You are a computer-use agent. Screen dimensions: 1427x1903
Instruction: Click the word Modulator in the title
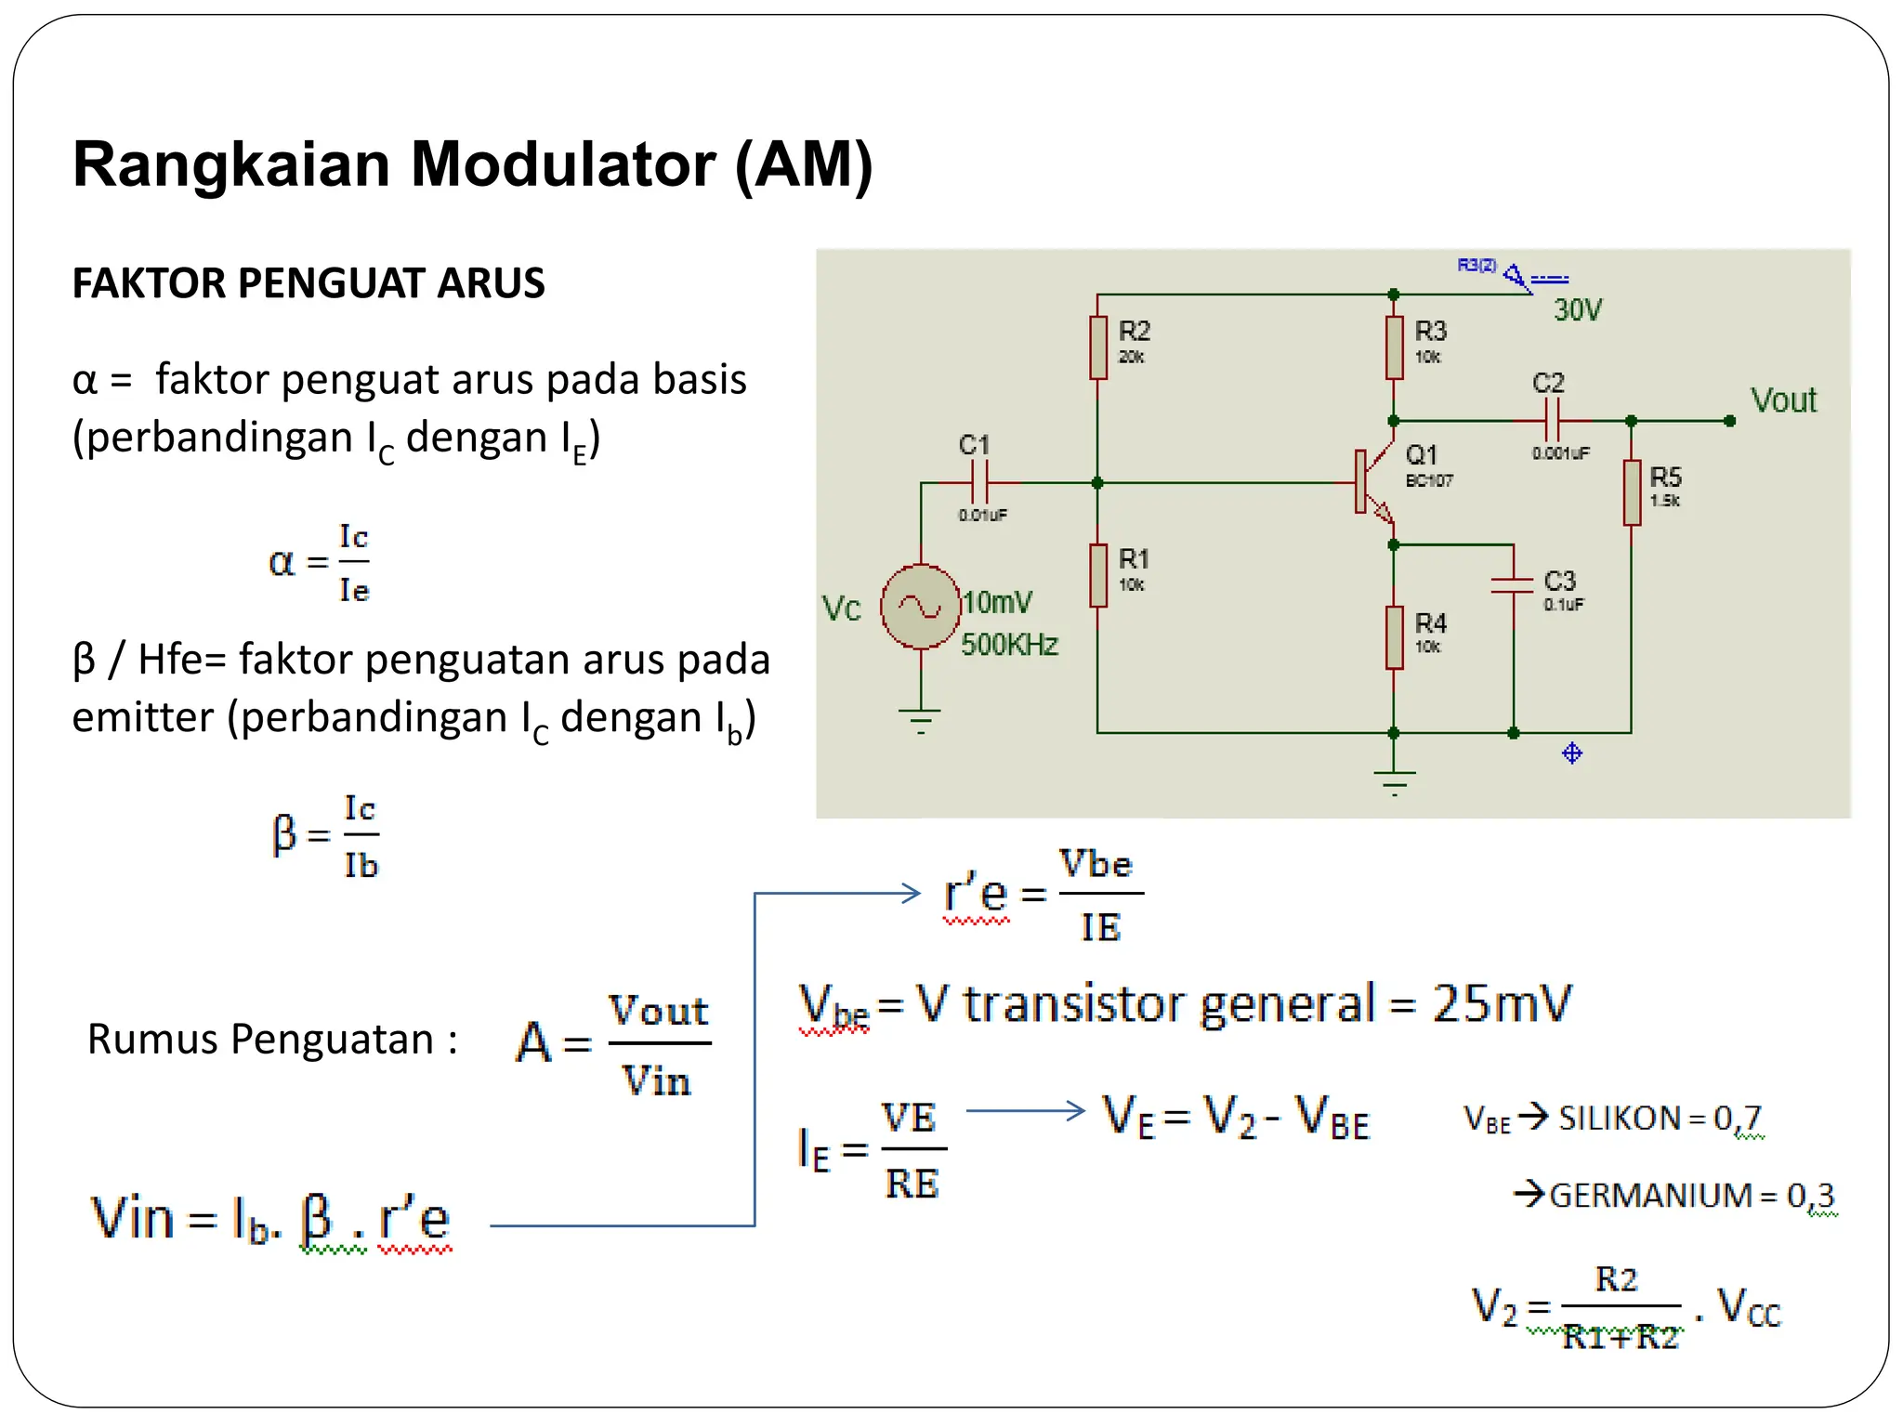(x=562, y=164)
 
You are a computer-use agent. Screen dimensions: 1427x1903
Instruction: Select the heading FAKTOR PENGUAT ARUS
(x=308, y=283)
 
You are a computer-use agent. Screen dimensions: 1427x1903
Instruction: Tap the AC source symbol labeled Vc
(x=920, y=607)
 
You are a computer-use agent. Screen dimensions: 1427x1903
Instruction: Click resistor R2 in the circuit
(x=1098, y=347)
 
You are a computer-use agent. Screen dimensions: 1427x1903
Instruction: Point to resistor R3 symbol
(x=1394, y=347)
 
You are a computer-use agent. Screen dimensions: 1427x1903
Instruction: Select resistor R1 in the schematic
(x=1098, y=576)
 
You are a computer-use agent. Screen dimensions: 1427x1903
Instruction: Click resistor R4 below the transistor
(x=1394, y=637)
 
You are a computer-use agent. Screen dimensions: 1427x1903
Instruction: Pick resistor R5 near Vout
(x=1632, y=493)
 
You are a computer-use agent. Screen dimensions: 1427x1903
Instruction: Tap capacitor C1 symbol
(x=979, y=483)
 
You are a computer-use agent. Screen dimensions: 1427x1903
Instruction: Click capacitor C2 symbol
(x=1552, y=421)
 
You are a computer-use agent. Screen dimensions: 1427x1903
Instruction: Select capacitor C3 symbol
(x=1513, y=584)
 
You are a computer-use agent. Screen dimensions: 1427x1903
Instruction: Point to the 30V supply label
(x=1578, y=310)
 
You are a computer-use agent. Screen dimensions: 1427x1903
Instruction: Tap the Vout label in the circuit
(x=1783, y=400)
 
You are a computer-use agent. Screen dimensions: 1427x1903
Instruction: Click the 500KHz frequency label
(x=1009, y=645)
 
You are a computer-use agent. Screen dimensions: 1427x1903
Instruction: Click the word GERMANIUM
(x=1650, y=1196)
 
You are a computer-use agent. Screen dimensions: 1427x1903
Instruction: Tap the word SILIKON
(x=1619, y=1119)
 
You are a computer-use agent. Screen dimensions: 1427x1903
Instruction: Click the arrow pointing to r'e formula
(x=836, y=894)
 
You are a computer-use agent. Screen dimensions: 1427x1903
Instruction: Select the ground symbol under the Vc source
(x=920, y=719)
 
